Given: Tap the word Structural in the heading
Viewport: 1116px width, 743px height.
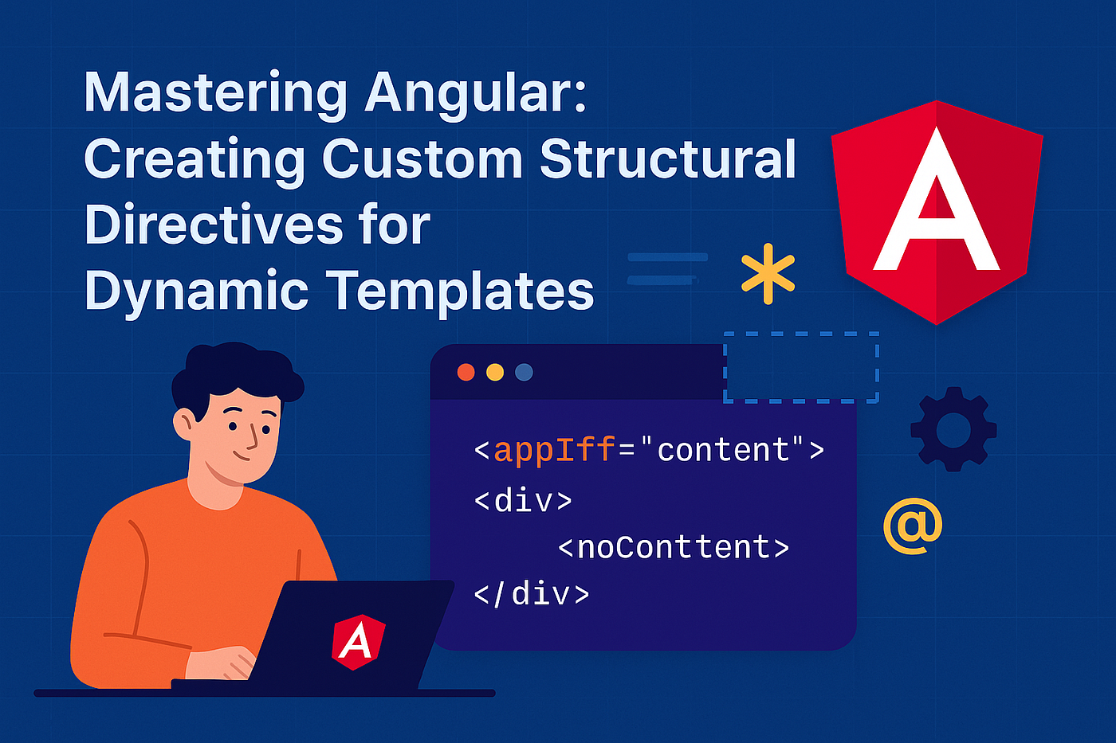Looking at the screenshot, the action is point(668,159).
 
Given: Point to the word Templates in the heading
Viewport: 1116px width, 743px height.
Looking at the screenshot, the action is point(462,291).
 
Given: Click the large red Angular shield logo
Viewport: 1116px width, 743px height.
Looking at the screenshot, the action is point(937,213).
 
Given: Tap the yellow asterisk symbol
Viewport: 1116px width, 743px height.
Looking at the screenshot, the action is point(768,273).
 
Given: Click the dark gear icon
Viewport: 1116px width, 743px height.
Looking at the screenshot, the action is point(953,429).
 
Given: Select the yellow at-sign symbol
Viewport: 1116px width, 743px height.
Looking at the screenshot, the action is point(913,526).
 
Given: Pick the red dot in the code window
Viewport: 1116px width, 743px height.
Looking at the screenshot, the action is point(466,372).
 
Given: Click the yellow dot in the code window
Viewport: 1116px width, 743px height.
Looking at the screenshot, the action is point(495,372).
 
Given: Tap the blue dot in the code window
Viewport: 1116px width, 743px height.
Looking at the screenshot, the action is point(524,372).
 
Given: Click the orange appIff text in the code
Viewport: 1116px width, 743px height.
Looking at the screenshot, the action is point(554,450).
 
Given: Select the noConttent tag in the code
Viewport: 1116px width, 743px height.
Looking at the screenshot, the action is point(674,547).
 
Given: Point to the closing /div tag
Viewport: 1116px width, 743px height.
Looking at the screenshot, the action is point(531,594).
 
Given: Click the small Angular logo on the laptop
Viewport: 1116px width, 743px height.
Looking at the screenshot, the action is point(358,642).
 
